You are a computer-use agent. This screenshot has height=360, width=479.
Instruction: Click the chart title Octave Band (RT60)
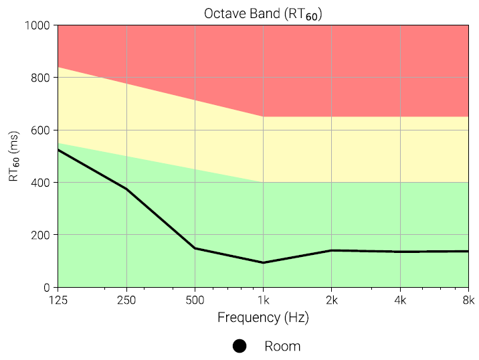263,14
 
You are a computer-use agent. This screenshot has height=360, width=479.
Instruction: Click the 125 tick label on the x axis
58,300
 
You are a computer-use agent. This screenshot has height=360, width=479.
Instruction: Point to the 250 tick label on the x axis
126,300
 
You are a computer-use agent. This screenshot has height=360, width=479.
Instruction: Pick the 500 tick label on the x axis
195,300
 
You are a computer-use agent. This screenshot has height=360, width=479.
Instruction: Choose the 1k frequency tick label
264,300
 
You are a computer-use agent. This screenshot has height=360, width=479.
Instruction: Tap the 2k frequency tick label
332,300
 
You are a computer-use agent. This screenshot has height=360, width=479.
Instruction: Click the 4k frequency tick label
400,300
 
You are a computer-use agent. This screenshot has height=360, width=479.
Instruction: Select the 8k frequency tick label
468,300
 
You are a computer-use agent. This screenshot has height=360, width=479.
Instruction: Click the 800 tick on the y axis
41,78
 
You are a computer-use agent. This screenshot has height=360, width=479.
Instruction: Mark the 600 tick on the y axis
41,130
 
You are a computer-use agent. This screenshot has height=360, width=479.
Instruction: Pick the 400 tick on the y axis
41,182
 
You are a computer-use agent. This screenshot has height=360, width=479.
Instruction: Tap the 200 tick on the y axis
41,235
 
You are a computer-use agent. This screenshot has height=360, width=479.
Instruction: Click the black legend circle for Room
239,346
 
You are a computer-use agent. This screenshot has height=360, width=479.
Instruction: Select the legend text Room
282,346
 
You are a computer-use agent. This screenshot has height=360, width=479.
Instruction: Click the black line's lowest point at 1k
264,262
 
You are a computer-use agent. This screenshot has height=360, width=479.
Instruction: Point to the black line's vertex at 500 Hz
195,248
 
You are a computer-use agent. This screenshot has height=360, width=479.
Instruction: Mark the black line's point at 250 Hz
126,189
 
